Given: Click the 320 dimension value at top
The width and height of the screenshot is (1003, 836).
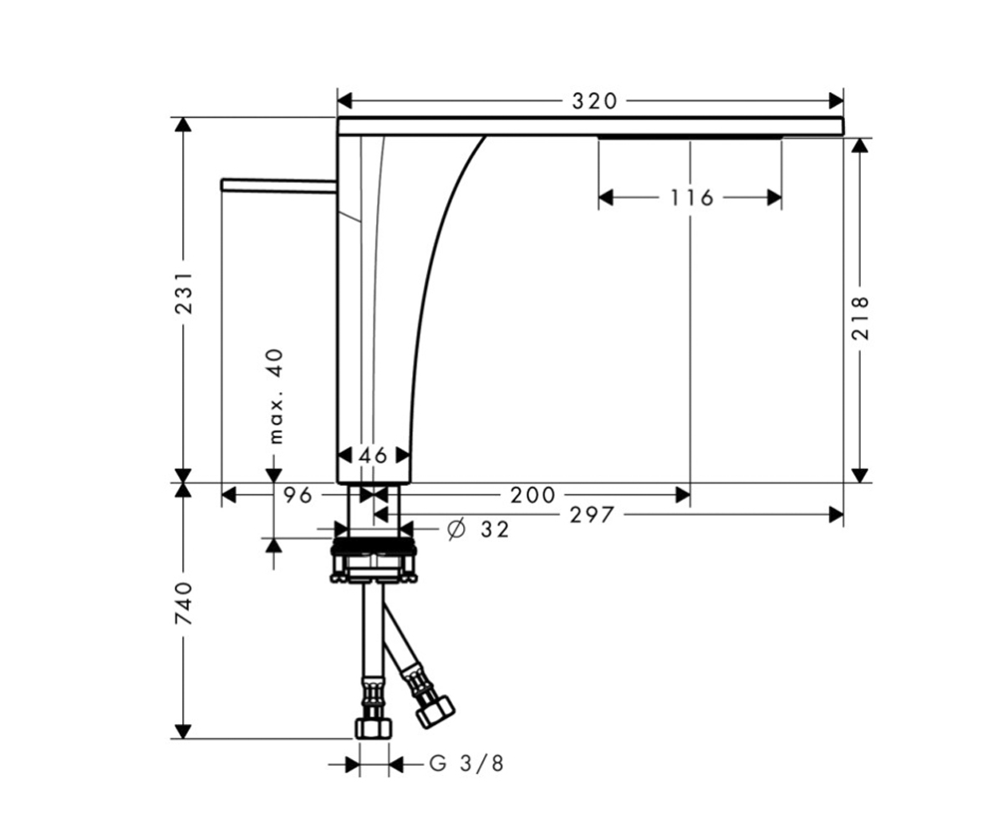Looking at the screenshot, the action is [x=594, y=101].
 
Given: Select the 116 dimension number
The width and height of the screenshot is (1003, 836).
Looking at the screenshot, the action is [x=692, y=197].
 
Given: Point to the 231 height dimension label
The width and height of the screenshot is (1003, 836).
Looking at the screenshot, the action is [x=183, y=293].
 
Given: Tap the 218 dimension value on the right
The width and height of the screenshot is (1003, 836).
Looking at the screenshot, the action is [x=860, y=318].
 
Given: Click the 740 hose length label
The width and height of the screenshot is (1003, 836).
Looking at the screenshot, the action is [x=183, y=603].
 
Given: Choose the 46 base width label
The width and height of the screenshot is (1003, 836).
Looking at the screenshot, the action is [x=373, y=455].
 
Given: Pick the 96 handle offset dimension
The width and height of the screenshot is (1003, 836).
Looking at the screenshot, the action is [x=298, y=495].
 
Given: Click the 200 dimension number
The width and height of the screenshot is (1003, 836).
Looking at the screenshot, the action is [x=532, y=495].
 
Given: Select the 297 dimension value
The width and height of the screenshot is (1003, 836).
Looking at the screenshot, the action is [x=591, y=515].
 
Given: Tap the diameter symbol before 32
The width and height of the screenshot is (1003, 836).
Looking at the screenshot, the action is [x=456, y=529].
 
